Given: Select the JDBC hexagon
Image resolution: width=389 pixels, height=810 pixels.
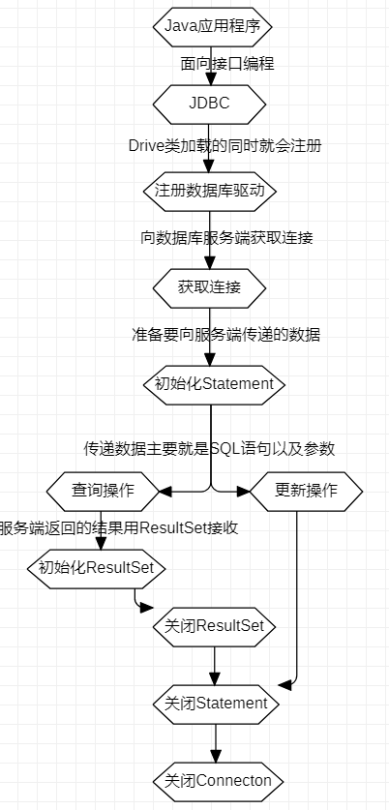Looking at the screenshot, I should (210, 100).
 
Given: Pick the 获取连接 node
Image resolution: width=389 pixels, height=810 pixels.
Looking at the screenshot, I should (210, 286).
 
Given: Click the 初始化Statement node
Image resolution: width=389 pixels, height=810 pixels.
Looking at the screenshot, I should (215, 383).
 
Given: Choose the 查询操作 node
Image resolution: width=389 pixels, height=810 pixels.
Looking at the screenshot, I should (102, 490).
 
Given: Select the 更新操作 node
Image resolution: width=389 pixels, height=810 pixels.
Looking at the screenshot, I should (307, 490).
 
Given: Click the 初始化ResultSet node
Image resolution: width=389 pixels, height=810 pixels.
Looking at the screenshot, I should (96, 567).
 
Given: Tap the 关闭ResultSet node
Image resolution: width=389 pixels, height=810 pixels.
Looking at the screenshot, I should (215, 626).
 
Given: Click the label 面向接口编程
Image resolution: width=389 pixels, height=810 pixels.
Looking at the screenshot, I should (227, 64).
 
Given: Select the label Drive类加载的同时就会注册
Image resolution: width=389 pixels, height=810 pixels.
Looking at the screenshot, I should (225, 145).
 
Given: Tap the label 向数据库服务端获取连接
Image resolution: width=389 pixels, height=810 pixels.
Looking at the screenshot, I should (225, 237).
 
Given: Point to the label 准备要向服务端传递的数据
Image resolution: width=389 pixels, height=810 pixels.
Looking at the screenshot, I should (225, 335).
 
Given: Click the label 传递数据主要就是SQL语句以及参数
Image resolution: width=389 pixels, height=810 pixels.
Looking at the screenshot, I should (209, 448).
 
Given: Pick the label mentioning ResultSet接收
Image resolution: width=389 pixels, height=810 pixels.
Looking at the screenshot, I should (119, 527).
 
